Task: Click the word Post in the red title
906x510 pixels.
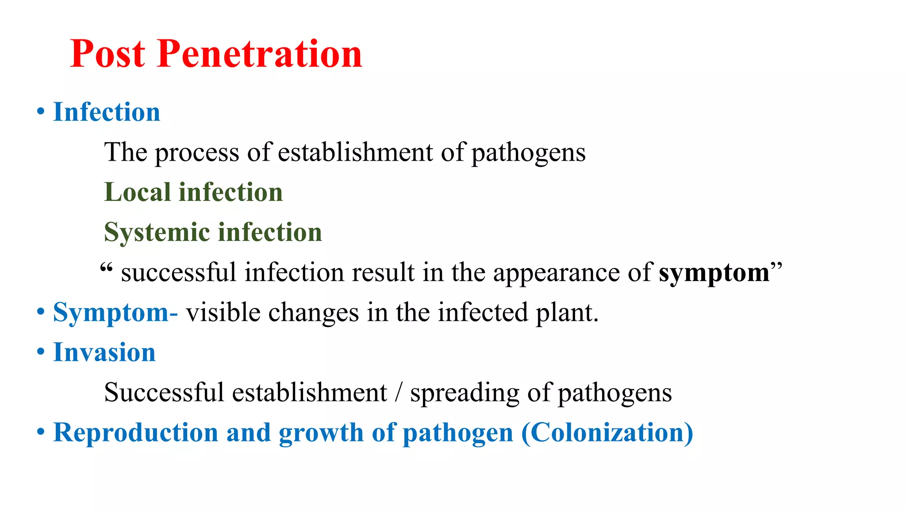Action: [x=107, y=54]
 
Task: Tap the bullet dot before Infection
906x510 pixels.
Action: [x=41, y=112]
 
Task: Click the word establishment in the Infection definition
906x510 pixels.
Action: [x=355, y=152]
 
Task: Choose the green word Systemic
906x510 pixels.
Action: [x=157, y=232]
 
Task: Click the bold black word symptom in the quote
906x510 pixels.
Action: [x=714, y=272]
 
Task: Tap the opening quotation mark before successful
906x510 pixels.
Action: [x=106, y=268]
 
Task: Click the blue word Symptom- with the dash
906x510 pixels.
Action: [x=115, y=313]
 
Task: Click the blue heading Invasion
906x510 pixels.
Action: [x=104, y=352]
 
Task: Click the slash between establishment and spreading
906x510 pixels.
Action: [x=399, y=393]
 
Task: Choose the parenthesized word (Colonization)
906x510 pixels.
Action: [x=607, y=433]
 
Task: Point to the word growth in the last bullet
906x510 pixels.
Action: [x=321, y=433]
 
